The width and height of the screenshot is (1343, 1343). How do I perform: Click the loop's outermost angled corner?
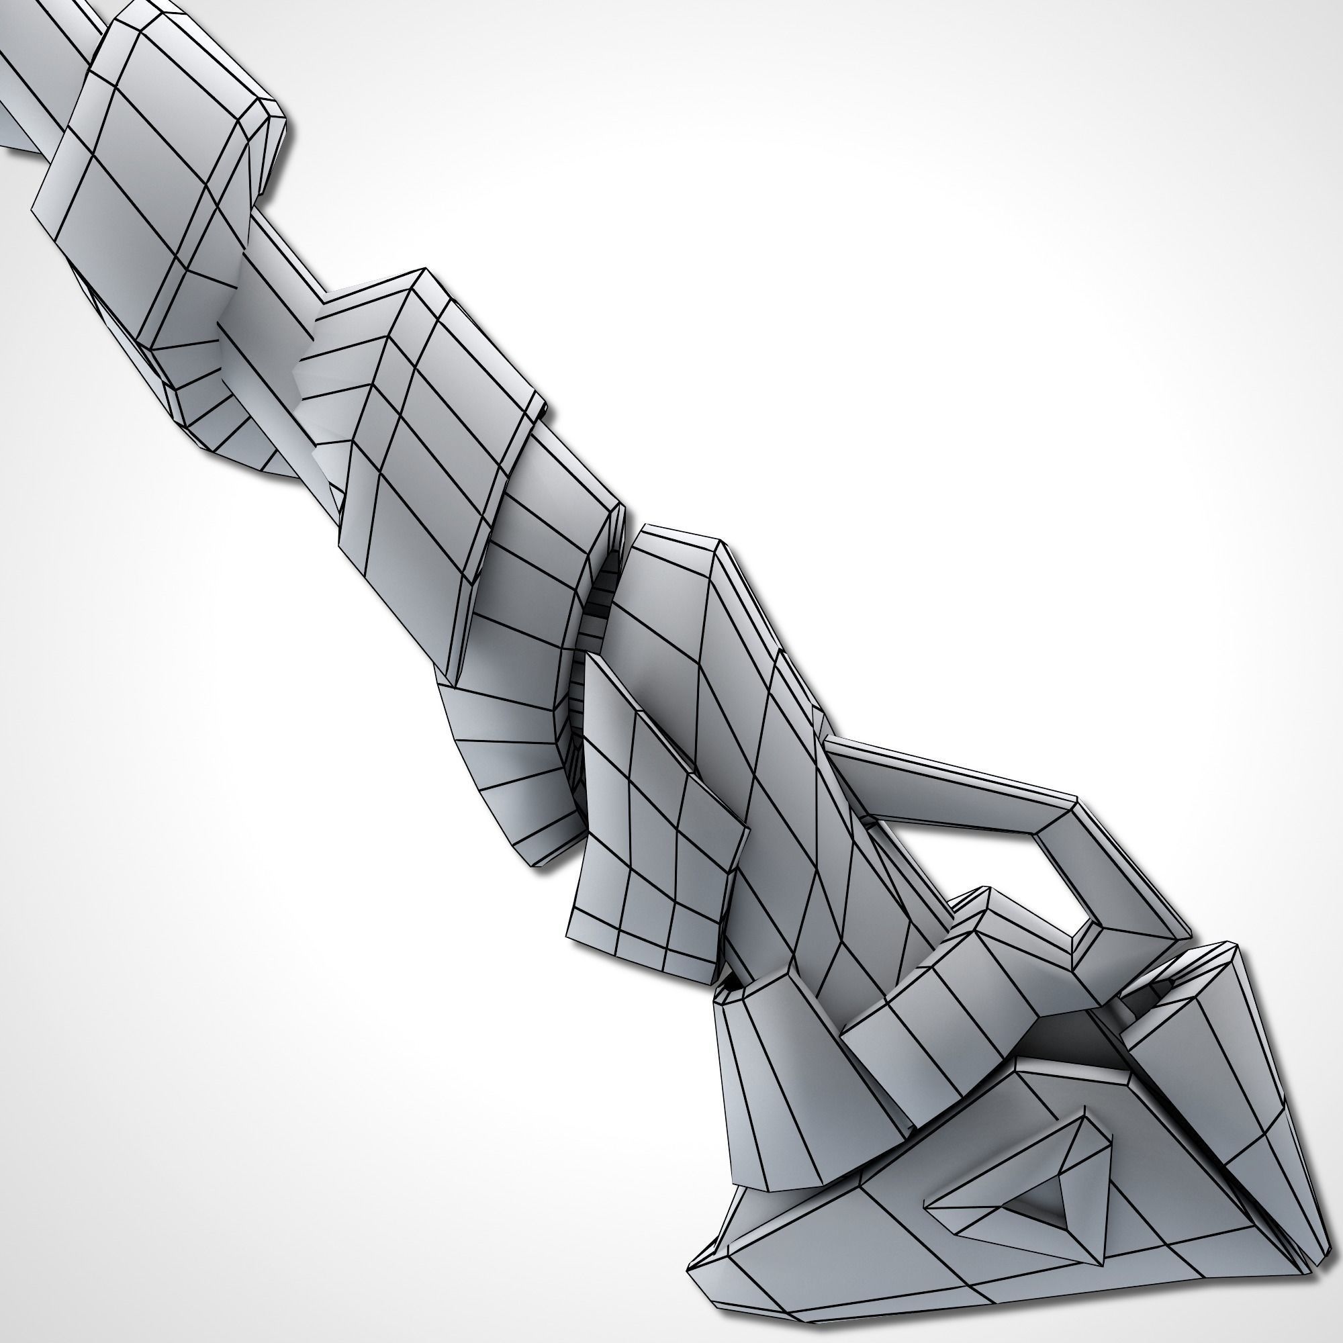point(1174,931)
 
